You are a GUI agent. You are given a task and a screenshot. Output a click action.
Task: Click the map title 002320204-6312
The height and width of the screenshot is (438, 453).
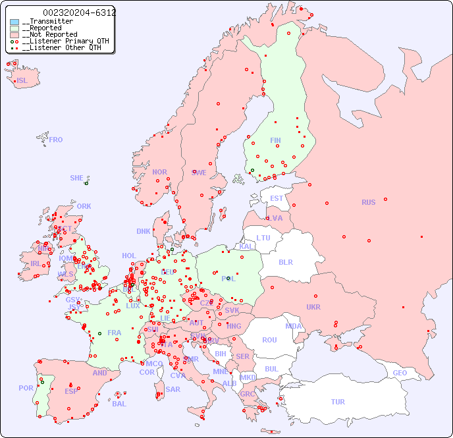point(79,13)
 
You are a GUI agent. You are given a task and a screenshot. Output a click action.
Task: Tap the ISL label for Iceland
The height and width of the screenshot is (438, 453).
point(22,81)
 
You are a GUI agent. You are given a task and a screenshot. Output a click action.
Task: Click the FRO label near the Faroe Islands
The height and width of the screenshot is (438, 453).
point(56,140)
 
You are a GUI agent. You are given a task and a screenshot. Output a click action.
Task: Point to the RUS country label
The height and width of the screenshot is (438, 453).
point(368,202)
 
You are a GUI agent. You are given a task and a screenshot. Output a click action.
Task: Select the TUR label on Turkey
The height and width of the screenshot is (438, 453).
point(338,402)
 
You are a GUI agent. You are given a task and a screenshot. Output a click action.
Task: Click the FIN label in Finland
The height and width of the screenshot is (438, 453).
point(275,140)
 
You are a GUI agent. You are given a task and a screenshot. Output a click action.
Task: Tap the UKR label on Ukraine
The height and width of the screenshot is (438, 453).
point(313,307)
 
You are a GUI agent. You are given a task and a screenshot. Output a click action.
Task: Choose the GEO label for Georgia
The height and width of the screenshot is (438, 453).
point(400,373)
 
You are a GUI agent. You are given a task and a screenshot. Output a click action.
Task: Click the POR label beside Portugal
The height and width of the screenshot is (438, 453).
point(26,388)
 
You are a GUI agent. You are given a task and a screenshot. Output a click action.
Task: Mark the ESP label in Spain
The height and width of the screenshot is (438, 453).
point(71,391)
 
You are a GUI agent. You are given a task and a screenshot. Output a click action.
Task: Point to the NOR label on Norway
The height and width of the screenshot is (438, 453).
point(159,172)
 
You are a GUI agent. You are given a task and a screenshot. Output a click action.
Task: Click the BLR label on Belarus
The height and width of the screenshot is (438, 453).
point(285,261)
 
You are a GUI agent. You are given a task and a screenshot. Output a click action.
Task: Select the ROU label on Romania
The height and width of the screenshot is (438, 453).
point(269,340)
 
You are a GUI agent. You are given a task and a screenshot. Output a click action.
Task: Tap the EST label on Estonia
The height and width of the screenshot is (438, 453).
point(277,198)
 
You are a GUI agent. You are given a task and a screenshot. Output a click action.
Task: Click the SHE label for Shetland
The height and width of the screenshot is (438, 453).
point(76,178)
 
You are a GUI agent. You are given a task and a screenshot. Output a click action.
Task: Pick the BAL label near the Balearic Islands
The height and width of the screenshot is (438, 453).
point(119,404)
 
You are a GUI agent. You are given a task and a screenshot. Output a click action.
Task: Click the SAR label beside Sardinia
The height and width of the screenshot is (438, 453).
point(173,389)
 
